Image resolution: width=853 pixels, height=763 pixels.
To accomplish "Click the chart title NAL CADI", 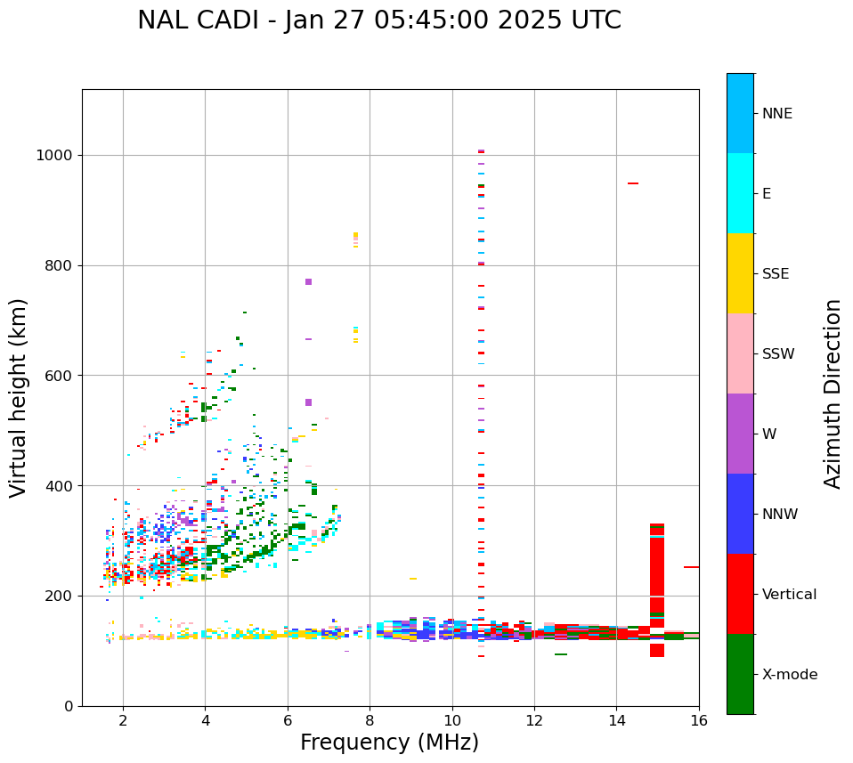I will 379,20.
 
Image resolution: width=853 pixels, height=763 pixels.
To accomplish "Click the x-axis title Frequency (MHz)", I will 389,743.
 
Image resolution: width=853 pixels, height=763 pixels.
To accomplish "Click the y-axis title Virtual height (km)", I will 19,397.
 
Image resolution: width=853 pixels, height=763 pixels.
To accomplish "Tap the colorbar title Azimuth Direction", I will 833,394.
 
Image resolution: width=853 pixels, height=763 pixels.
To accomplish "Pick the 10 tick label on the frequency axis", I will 452,719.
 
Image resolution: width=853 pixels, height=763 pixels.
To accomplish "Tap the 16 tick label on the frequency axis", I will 699,719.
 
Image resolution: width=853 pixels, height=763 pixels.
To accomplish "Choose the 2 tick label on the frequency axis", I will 123,719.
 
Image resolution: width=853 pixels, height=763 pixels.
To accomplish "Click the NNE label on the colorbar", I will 776,114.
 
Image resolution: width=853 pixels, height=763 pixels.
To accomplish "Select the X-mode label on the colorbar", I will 789,675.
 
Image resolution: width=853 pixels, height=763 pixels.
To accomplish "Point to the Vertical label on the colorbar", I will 789,595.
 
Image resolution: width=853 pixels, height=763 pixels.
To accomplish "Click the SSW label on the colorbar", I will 778,354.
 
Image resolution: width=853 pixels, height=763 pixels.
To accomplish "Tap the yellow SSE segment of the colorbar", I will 740,273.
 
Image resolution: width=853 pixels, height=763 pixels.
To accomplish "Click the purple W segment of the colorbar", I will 740,434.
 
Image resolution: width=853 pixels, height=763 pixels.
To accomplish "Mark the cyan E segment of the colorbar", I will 740,193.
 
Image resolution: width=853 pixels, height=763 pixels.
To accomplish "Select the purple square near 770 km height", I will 308,281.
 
